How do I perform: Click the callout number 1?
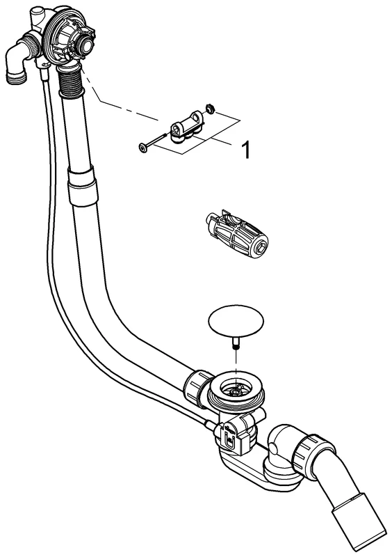(245, 150)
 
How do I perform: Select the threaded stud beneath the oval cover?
(236, 344)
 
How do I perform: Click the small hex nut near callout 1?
(210, 109)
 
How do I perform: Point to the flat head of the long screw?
(143, 148)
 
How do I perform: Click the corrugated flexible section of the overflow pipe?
(72, 81)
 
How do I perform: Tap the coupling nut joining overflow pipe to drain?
(199, 386)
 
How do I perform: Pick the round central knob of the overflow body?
(84, 44)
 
